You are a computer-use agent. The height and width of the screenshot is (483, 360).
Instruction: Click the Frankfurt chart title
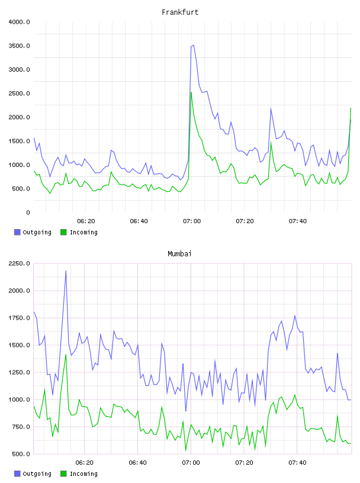(x=180, y=12)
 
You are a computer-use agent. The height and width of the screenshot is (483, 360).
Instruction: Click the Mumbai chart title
(x=179, y=254)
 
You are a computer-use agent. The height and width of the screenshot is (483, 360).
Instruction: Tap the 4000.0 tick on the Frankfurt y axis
(x=19, y=22)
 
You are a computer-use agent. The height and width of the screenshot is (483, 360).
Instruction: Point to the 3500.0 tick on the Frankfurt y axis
(x=19, y=46)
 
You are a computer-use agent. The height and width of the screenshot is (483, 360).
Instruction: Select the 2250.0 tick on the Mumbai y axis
(x=19, y=263)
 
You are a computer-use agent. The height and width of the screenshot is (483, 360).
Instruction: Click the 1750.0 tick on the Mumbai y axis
(x=19, y=318)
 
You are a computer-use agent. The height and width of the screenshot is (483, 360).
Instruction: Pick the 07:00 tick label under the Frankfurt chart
(x=192, y=221)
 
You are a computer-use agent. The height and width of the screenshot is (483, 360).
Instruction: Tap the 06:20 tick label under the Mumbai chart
(x=85, y=462)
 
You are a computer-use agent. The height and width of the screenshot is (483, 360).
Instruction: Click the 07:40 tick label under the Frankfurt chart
(x=298, y=221)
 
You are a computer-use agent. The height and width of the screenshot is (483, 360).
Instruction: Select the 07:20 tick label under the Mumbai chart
(x=245, y=462)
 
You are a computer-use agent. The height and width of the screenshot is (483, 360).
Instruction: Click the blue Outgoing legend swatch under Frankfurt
(x=17, y=232)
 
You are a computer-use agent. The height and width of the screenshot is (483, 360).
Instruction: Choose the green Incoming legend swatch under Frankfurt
(x=63, y=232)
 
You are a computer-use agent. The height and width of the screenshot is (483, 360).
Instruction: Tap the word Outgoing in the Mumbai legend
(x=37, y=474)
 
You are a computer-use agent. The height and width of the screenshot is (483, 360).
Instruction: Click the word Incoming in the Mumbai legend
(x=83, y=474)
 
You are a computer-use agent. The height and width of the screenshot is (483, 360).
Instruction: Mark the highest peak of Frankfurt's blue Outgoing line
(x=194, y=45)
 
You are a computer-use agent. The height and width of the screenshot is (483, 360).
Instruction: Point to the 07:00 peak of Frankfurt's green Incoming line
(x=191, y=92)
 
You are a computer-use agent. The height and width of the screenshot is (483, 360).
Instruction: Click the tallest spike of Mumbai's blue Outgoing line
(x=66, y=271)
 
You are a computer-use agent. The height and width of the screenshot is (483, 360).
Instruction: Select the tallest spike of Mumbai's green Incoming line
(x=66, y=354)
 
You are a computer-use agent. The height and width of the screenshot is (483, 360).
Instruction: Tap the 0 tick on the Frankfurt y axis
(x=28, y=212)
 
